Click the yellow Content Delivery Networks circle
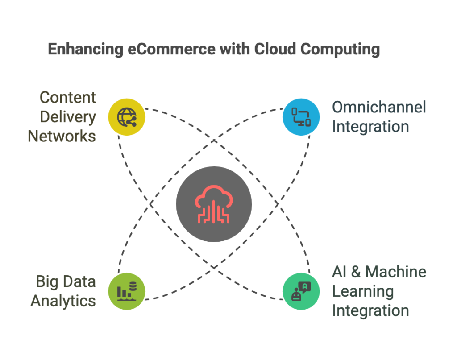click(x=127, y=117)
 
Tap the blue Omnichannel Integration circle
click(x=301, y=117)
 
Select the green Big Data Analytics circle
click(x=127, y=291)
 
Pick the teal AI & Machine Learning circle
click(x=301, y=291)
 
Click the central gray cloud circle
click(x=214, y=204)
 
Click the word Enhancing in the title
click(x=85, y=49)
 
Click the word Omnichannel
click(x=379, y=107)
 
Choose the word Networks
click(x=62, y=136)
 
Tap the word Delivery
click(x=68, y=117)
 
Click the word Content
click(x=68, y=97)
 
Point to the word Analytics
click(x=63, y=301)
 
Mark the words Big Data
click(x=66, y=281)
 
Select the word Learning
click(x=363, y=291)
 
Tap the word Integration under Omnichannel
click(x=370, y=127)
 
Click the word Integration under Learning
click(x=370, y=310)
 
